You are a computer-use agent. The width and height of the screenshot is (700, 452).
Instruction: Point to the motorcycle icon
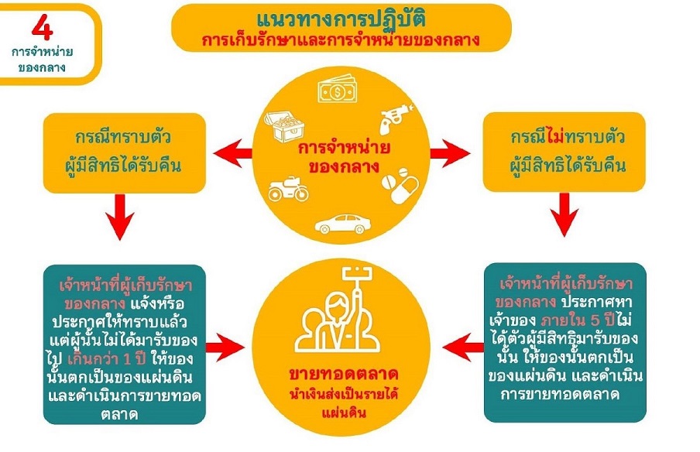(287, 188)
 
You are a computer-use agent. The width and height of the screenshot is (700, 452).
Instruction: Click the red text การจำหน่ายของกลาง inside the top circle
(343, 156)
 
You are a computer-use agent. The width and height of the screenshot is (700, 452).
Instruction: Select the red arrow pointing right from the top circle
(451, 154)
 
